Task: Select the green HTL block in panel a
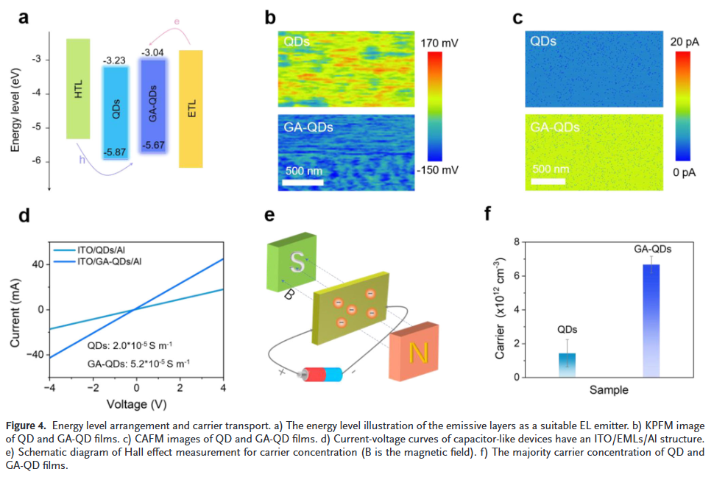pos(78,88)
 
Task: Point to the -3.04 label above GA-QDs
pos(153,53)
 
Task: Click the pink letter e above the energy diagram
pos(177,22)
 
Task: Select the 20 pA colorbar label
pos(685,43)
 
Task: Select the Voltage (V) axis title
pos(136,404)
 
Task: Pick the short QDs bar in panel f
pos(568,364)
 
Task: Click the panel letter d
pos(24,216)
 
